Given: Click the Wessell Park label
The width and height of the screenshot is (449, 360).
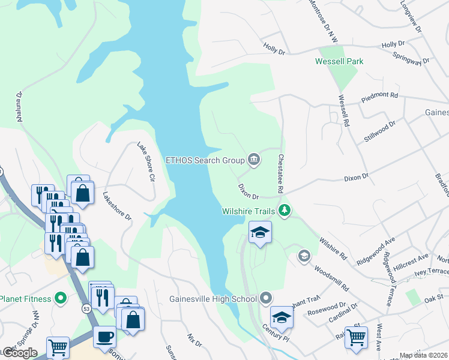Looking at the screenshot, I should tap(339, 61).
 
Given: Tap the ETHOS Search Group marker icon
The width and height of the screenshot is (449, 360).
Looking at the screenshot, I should tap(254, 160).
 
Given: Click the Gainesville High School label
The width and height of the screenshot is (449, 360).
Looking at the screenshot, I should tap(213, 298).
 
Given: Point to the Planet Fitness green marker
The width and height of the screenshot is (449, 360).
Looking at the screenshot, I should tap(60, 298).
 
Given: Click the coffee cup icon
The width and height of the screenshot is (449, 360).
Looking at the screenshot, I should tap(104, 337).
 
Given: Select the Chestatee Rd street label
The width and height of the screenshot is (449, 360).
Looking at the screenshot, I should tap(280, 173).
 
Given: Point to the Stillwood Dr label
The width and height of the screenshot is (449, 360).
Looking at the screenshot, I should tap(380, 131).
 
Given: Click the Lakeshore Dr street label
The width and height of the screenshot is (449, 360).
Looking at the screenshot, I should tap(116, 206).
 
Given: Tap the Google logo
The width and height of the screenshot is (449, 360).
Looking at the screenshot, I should tap(20, 353).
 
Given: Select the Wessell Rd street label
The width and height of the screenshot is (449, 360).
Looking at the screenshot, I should tap(343, 110).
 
